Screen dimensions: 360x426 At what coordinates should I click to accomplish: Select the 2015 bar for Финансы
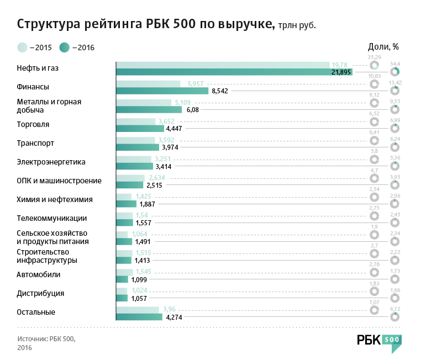point(148,83)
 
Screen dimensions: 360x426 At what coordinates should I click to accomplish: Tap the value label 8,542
point(220,91)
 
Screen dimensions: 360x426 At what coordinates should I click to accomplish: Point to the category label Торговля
point(33,124)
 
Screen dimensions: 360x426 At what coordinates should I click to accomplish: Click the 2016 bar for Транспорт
point(137,147)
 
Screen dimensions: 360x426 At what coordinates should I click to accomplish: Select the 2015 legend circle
point(22,47)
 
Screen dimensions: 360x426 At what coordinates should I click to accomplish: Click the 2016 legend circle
point(65,47)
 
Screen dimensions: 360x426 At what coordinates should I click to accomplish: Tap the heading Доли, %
point(383,46)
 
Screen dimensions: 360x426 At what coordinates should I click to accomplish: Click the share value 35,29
point(375,57)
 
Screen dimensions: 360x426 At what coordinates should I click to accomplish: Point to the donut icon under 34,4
point(395,72)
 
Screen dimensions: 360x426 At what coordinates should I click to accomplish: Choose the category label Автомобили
point(39,274)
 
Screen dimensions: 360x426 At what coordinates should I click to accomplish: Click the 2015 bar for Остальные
point(137,309)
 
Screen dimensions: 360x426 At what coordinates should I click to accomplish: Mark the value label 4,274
point(174,317)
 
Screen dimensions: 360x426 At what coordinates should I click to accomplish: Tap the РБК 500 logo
point(378,341)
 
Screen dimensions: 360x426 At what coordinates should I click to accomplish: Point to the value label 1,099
point(139,279)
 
